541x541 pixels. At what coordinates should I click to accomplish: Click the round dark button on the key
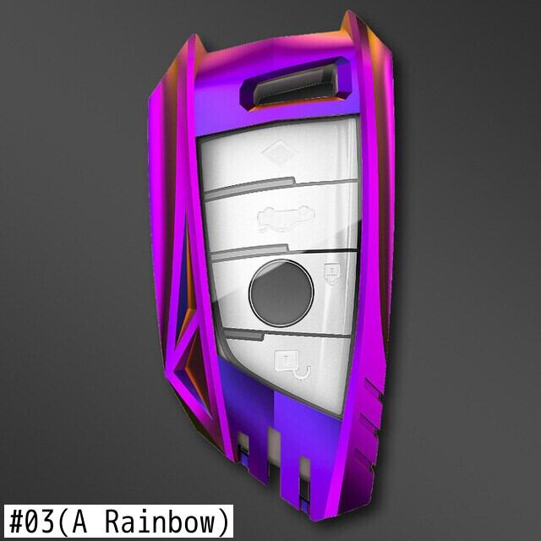[281, 293]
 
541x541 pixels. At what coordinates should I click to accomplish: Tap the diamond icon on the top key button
[278, 152]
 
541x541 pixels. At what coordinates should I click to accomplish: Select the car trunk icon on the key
[286, 218]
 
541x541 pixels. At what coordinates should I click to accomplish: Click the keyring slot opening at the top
[294, 85]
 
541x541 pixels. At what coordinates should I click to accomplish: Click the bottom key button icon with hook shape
[292, 365]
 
